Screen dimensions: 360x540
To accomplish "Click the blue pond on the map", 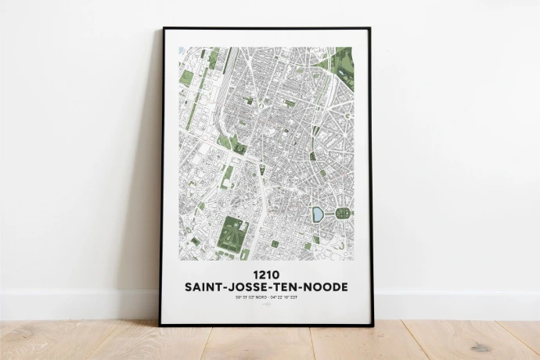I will tap(318, 213).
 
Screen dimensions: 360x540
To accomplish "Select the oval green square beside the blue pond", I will tap(342, 213).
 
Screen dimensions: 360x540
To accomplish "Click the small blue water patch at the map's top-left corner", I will tap(182, 50).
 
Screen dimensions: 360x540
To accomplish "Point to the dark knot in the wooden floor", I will tap(479, 347).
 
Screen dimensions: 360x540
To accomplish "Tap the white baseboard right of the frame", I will tap(454, 304).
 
